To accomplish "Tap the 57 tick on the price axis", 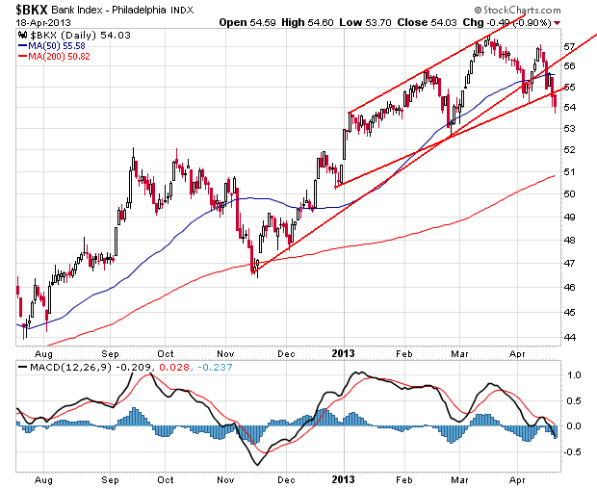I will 569,45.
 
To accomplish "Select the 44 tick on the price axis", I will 569,336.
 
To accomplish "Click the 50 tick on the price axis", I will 569,194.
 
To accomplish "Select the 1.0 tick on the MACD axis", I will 571,375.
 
